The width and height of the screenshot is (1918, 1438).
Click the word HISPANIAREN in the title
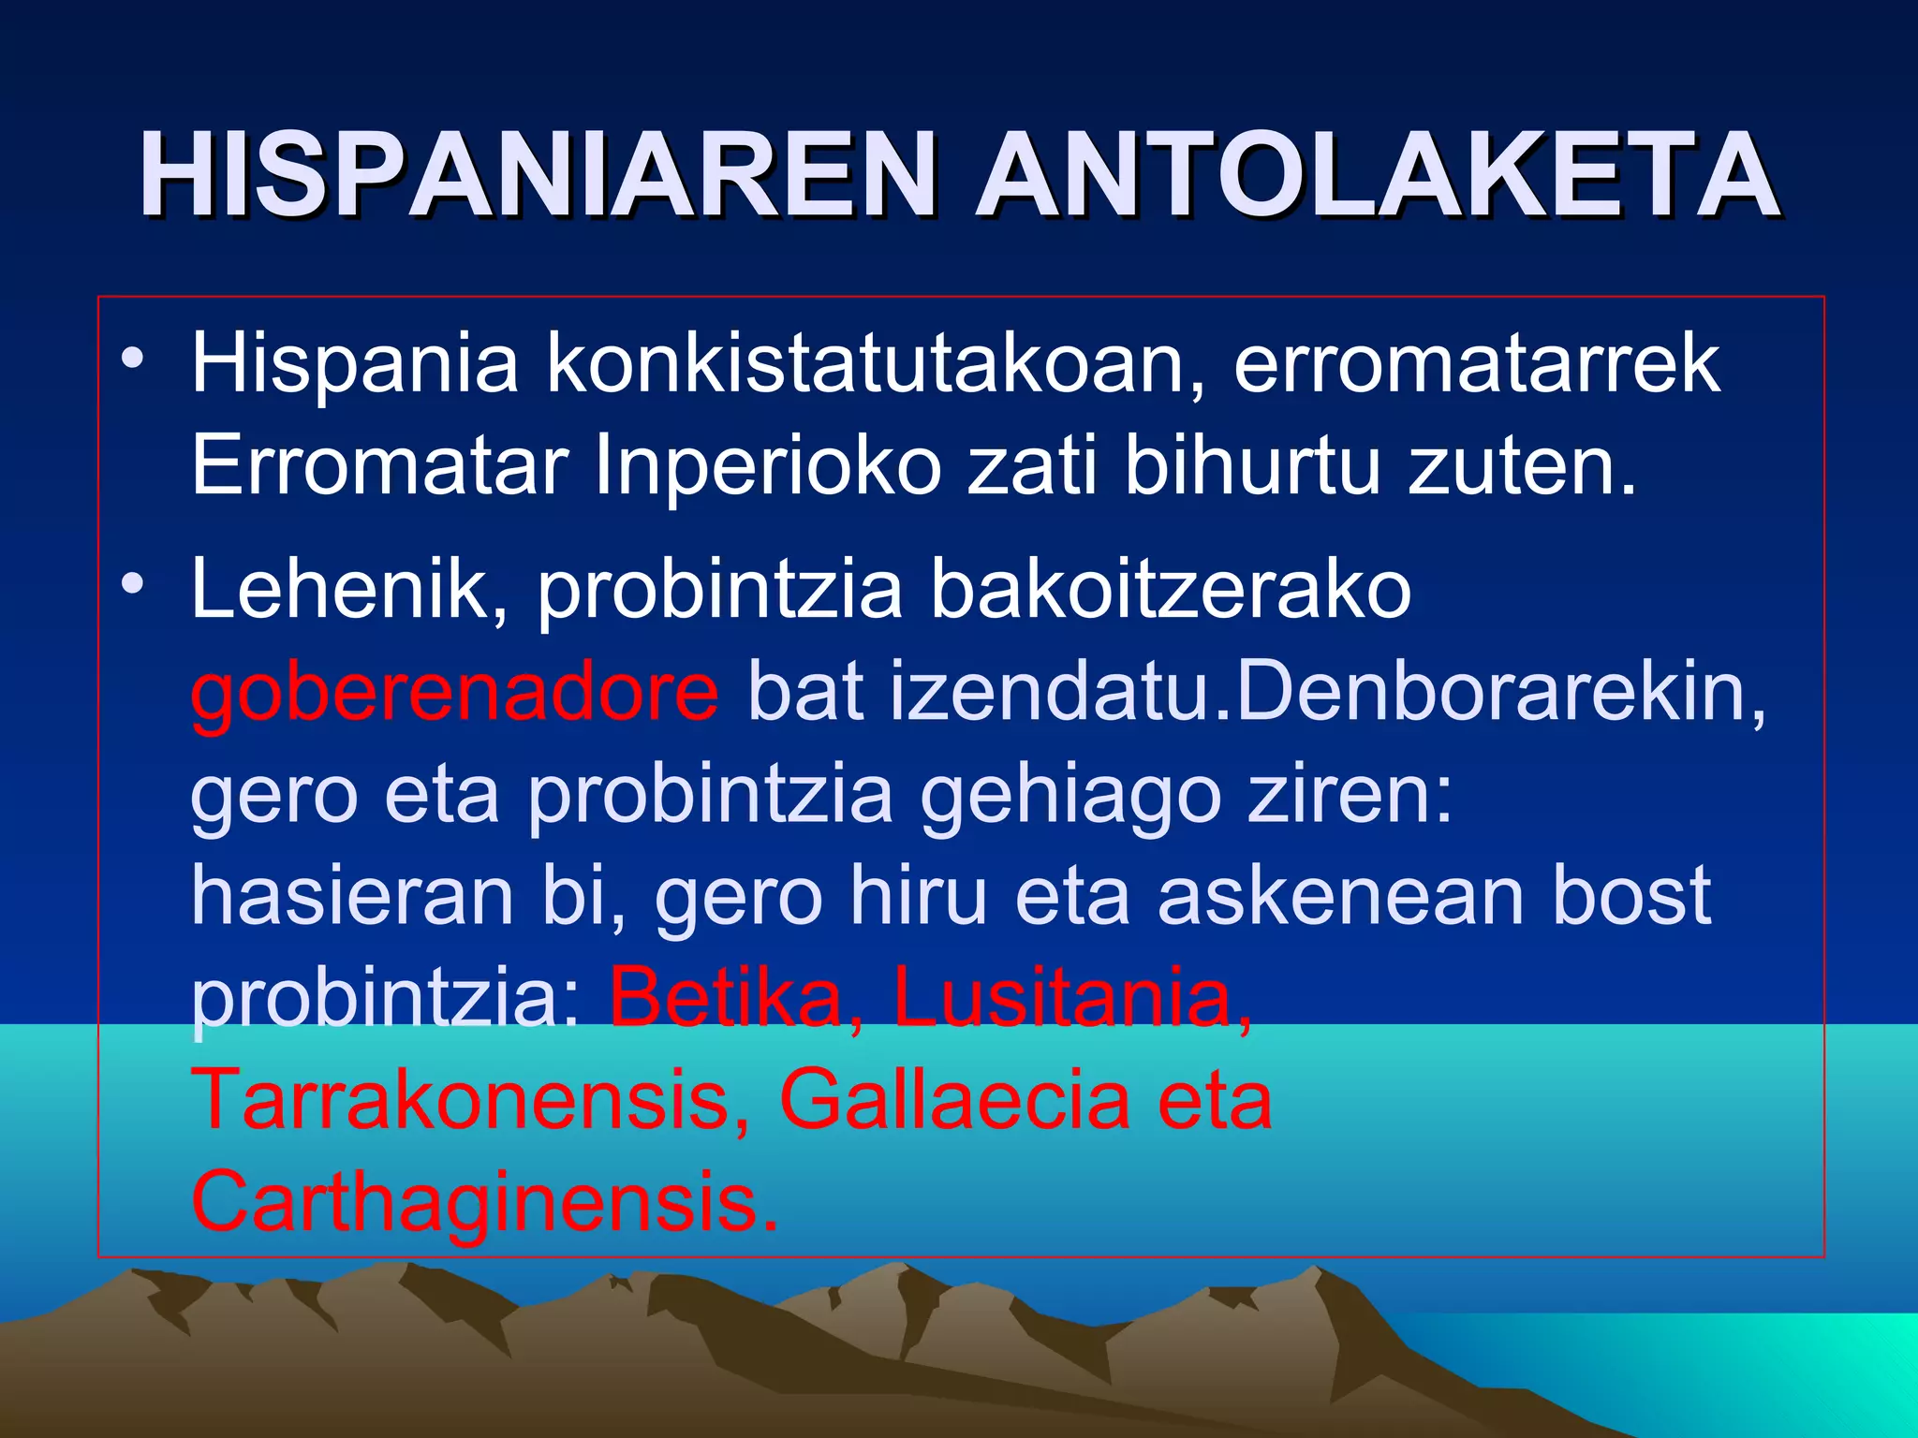click(x=539, y=175)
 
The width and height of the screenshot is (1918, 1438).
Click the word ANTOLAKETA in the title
click(x=1377, y=175)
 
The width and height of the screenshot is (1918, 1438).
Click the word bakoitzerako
click(x=1171, y=589)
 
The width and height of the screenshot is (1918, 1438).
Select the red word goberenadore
click(x=455, y=692)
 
